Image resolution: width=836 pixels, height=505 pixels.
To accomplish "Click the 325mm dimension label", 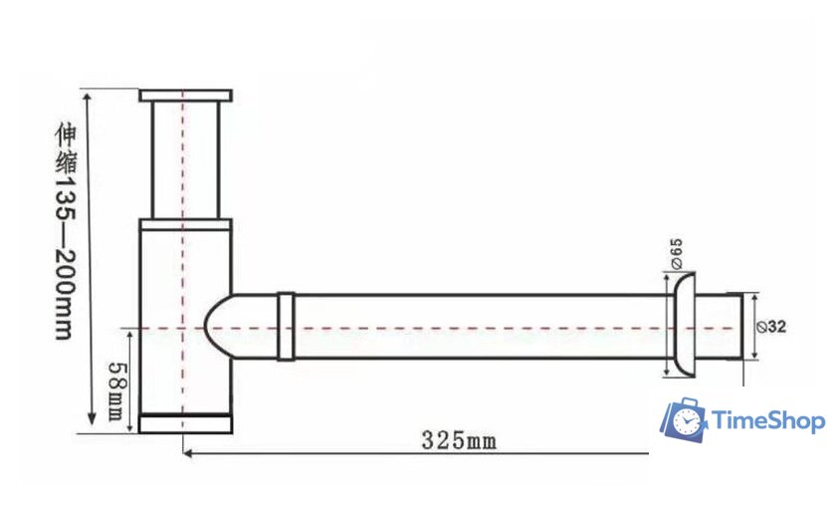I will (459, 439).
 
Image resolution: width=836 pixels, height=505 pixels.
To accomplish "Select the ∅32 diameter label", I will (777, 326).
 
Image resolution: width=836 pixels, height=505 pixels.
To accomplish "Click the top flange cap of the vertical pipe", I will (185, 96).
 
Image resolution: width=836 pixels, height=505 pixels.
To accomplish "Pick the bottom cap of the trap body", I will (185, 424).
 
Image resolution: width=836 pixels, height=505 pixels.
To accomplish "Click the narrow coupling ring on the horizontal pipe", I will (286, 326).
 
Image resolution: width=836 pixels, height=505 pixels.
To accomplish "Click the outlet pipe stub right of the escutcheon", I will (719, 326).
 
